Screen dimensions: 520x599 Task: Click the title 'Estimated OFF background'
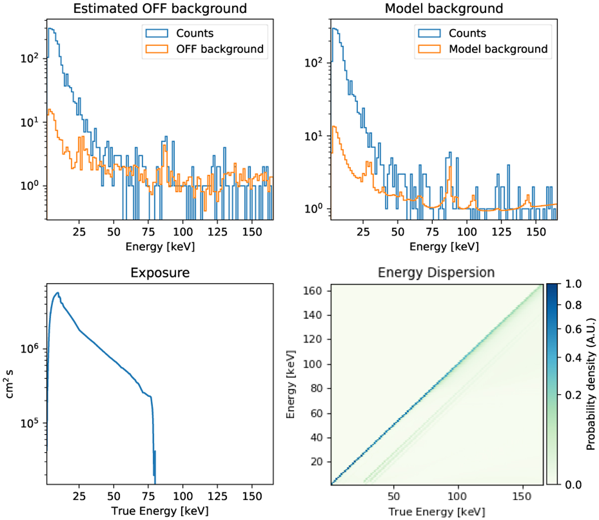(160, 8)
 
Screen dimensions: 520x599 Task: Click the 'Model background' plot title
(444, 8)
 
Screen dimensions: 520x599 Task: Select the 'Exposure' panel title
(160, 273)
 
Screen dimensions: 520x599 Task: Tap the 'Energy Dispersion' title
(436, 273)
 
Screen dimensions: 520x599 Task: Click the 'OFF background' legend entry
(220, 49)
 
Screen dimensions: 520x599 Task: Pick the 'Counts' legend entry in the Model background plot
(467, 33)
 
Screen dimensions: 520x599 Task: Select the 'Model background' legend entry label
(498, 49)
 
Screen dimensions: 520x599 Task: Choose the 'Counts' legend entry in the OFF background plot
(195, 33)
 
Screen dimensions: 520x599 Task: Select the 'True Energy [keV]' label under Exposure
(160, 511)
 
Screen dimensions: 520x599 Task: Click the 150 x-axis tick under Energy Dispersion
(522, 496)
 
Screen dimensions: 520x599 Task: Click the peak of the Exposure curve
(58, 293)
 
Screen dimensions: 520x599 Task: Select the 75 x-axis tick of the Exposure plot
(148, 496)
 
